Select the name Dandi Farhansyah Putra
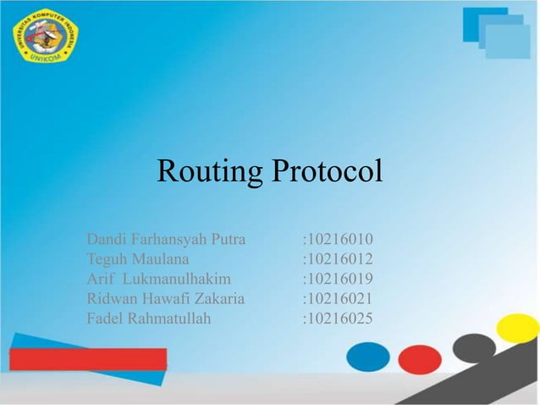(166, 239)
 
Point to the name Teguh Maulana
(138, 258)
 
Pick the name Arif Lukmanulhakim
(158, 279)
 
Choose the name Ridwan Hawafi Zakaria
(166, 298)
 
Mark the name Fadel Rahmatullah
(149, 319)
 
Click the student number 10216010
(339, 239)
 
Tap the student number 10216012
(339, 258)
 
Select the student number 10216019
(339, 279)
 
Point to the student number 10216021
(339, 298)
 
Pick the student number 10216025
(339, 319)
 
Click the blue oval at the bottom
(368, 355)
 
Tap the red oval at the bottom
(420, 359)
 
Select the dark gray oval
(474, 347)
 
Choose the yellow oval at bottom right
(518, 328)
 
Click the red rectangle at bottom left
(88, 358)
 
